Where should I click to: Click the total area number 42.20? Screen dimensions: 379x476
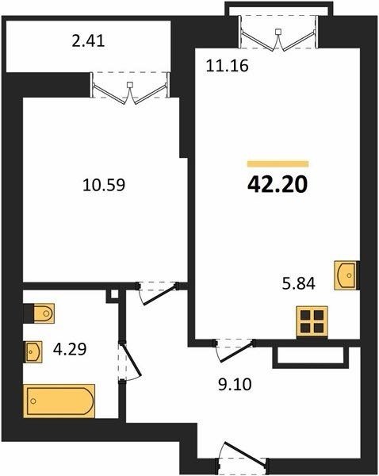(x=278, y=185)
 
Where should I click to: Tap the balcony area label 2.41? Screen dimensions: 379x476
(x=88, y=41)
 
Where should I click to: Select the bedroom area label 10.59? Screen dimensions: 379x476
(x=104, y=185)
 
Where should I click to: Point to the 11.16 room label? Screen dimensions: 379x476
(x=227, y=66)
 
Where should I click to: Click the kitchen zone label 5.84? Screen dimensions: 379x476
(x=299, y=283)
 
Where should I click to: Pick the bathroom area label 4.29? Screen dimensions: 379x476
(x=70, y=349)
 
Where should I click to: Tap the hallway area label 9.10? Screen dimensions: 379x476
(x=235, y=384)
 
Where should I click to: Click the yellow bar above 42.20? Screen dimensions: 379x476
(x=278, y=164)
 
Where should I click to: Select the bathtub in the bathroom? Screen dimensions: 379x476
(x=59, y=401)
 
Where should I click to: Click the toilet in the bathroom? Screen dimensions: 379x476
(x=44, y=313)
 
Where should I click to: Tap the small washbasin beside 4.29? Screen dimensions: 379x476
(x=33, y=351)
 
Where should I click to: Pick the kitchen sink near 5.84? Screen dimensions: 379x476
(x=346, y=275)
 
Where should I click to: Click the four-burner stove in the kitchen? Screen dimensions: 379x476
(x=312, y=322)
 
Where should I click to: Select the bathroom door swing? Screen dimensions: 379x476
(x=130, y=361)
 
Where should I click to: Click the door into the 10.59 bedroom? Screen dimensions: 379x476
(x=157, y=292)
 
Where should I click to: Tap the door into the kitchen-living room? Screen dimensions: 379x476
(x=235, y=350)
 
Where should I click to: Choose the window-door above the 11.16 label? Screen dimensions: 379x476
(x=278, y=33)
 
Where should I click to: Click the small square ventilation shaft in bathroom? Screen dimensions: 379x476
(x=114, y=294)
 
